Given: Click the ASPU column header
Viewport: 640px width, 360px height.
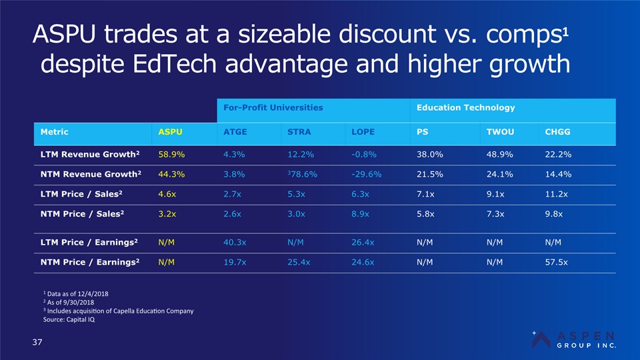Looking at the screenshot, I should point(170,131).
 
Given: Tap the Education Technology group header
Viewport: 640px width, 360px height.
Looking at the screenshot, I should point(465,107).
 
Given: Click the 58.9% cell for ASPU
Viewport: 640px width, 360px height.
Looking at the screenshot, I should point(171,155).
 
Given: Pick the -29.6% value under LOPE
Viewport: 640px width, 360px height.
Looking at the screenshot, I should point(366,175).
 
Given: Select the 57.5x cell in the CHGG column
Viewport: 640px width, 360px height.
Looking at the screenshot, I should point(557,262).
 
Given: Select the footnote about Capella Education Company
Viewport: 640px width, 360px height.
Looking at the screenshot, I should point(117,311).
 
